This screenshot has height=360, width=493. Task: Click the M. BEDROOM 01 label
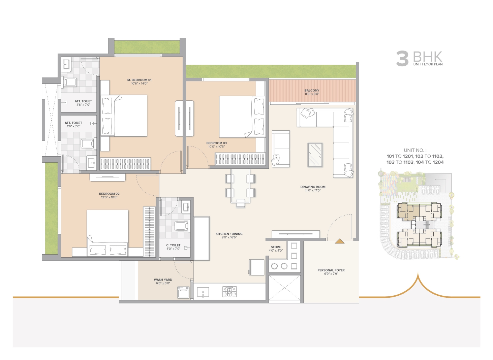(139, 80)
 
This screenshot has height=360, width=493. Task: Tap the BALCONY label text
(312, 90)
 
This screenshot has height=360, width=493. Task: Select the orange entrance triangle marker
(340, 241)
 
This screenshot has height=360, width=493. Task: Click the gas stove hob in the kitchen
(229, 291)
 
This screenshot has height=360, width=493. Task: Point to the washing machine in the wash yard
(183, 292)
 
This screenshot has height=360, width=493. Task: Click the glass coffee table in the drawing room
(315, 155)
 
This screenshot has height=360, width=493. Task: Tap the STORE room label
(276, 247)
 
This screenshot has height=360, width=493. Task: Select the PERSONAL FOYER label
(331, 270)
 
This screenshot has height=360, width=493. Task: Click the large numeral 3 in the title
(402, 59)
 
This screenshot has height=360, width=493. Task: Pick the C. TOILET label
(173, 245)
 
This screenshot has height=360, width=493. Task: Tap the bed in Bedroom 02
(107, 233)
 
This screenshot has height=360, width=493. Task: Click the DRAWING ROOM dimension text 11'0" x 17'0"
(313, 191)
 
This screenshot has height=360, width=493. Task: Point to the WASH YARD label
(163, 280)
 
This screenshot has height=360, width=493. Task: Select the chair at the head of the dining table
(240, 204)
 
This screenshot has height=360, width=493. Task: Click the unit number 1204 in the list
(438, 162)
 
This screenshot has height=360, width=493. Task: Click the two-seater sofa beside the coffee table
(281, 149)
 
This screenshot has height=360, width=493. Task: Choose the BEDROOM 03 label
(216, 143)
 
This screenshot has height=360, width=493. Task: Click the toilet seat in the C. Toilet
(181, 226)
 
